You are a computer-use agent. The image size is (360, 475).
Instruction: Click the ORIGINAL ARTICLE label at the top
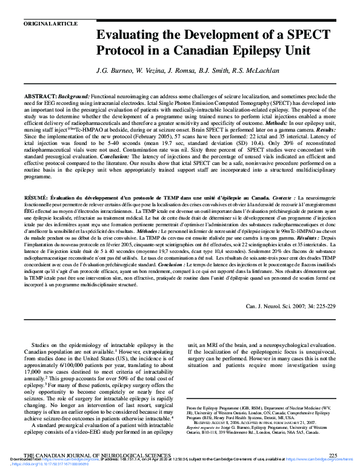(x=51, y=24)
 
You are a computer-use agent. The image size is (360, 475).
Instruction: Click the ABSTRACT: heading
(x=41, y=97)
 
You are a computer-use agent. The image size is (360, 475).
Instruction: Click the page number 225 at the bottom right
(x=332, y=455)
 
